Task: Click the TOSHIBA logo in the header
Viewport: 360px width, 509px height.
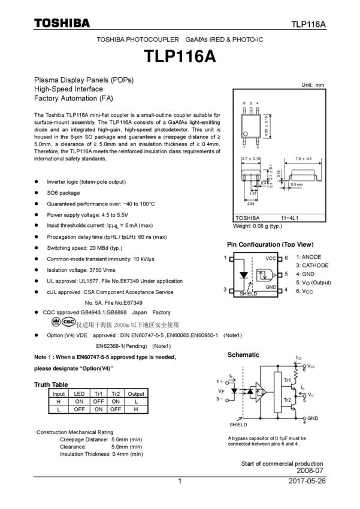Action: coord(62,23)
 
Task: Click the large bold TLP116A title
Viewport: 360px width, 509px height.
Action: coord(180,56)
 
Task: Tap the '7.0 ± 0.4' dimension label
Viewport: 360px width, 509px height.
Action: coord(304,159)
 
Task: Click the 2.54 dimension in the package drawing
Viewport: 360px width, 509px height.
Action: coord(252,204)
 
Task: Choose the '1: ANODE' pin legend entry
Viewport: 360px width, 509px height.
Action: coord(308,257)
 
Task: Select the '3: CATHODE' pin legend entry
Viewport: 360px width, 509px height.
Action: coord(312,265)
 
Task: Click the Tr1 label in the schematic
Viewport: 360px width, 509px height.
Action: coord(287,380)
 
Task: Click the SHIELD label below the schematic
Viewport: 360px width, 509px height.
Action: coord(238,424)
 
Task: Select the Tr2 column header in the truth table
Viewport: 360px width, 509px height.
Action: coord(116,394)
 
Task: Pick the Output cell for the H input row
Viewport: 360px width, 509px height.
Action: coord(136,402)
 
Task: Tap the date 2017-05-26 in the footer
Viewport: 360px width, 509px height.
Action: coord(307,481)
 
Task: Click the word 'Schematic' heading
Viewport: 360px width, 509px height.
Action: coord(243,355)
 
